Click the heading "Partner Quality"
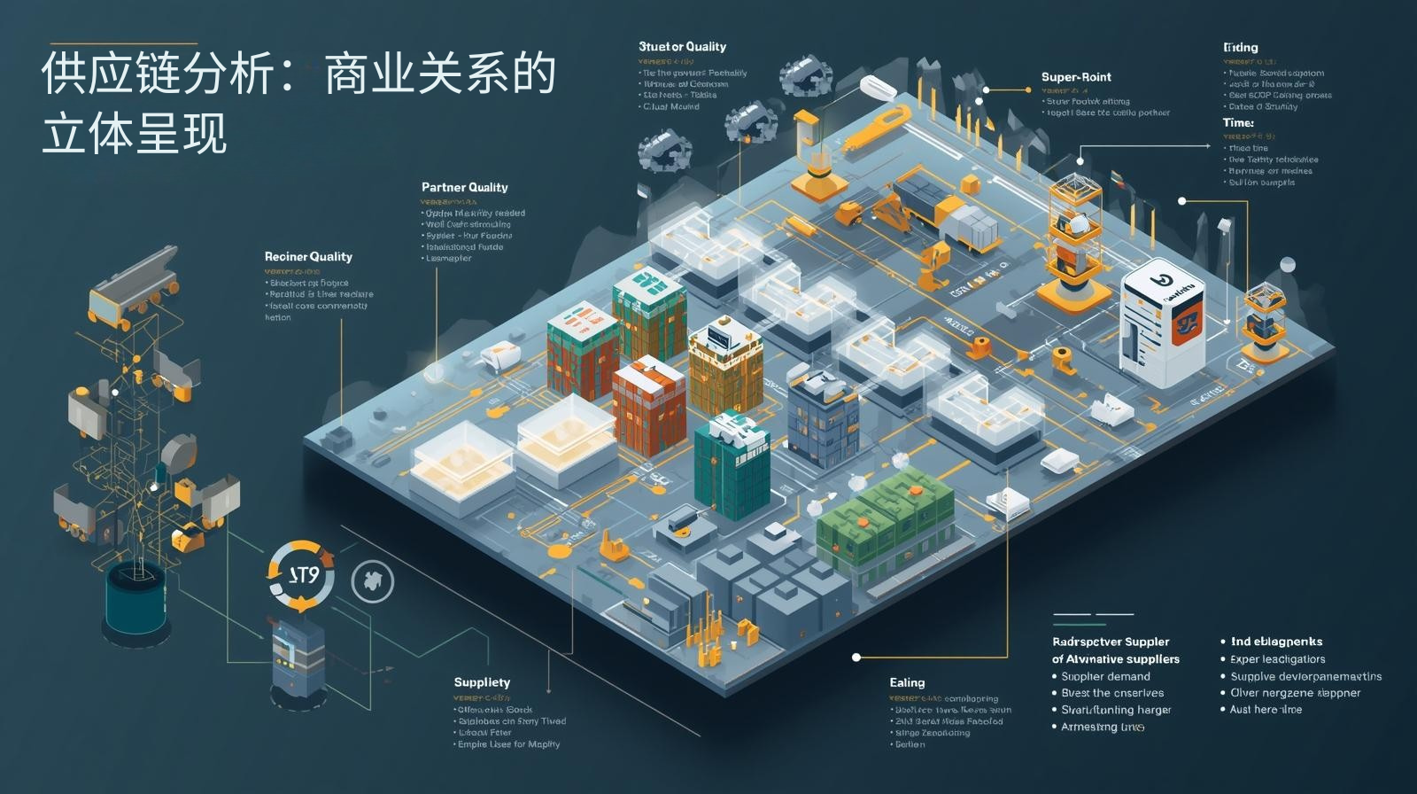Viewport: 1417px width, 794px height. click(x=464, y=187)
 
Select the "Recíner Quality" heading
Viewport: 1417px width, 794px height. click(x=308, y=256)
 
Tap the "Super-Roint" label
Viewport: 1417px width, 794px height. click(x=1076, y=77)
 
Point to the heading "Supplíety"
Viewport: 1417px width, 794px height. click(x=482, y=682)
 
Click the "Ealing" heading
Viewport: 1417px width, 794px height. click(x=907, y=682)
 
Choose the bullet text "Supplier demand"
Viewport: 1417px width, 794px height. click(x=1105, y=676)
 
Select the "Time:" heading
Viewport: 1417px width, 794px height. click(x=1238, y=122)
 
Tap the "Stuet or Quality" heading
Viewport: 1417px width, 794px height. click(x=682, y=47)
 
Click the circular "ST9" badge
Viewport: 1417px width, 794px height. click(x=302, y=575)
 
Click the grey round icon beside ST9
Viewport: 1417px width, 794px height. click(x=373, y=581)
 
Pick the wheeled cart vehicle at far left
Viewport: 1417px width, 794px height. click(x=133, y=284)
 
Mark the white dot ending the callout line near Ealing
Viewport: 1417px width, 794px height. click(x=856, y=658)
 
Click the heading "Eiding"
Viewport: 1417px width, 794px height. click(x=1240, y=47)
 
